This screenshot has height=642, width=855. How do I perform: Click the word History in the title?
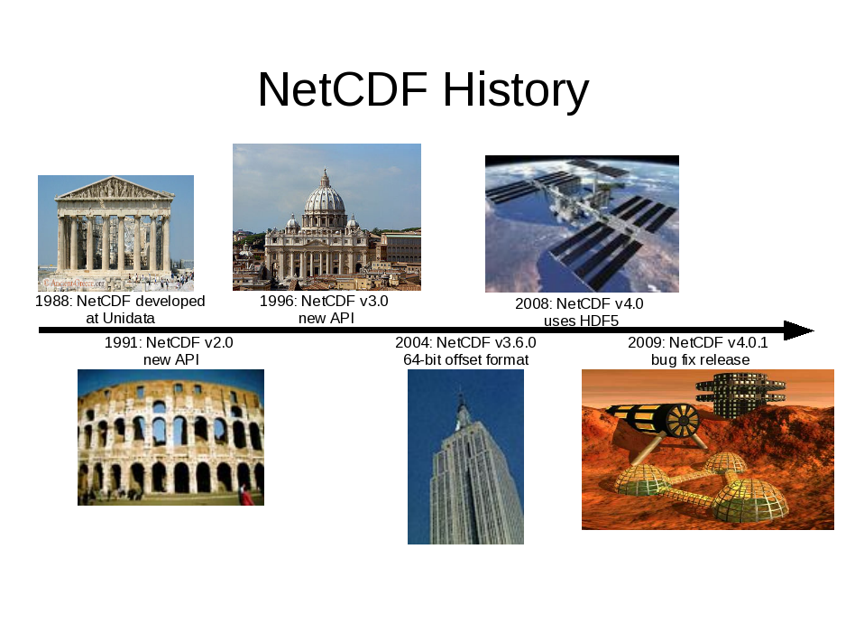(516, 90)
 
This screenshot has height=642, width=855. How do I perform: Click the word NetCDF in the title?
(343, 89)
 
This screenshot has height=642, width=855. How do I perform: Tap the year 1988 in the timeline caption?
(53, 302)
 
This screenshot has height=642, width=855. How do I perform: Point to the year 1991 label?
(123, 343)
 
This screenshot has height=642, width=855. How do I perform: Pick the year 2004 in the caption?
(413, 343)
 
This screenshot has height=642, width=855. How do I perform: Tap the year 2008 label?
(533, 304)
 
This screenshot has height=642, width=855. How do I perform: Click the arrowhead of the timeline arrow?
(798, 330)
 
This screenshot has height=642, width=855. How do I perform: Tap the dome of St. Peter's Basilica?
(325, 195)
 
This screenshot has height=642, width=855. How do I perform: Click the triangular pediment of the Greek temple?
(114, 189)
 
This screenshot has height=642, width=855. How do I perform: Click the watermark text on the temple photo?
(75, 284)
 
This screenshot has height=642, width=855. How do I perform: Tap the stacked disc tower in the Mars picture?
(740, 392)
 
